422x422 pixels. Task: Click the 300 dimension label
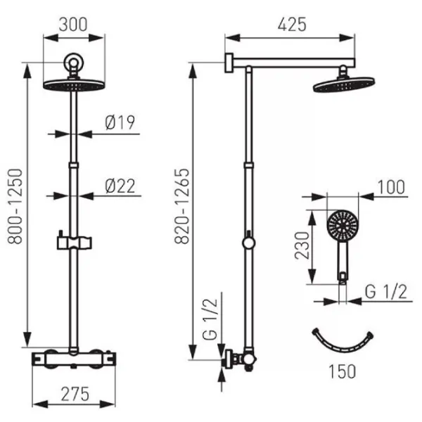tap(73, 25)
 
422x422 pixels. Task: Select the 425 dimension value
tap(292, 25)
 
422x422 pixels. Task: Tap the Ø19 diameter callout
tap(120, 122)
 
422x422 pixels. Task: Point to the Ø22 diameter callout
tap(120, 186)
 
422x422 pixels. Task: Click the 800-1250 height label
tap(15, 206)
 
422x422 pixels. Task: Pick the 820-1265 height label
tap(182, 206)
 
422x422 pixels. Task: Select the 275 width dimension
tap(75, 394)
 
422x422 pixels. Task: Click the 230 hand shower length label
tap(302, 245)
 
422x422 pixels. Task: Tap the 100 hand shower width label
tap(391, 187)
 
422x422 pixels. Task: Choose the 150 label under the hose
tap(343, 371)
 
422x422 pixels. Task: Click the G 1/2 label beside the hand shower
tap(385, 291)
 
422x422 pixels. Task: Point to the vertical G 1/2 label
tap(210, 319)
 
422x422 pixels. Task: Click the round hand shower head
tap(343, 224)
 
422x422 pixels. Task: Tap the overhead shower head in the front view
tap(74, 84)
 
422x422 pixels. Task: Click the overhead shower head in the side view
tap(344, 84)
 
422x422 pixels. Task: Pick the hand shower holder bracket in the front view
tap(74, 242)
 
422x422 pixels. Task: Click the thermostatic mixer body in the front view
tap(74, 359)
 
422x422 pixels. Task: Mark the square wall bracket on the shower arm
tap(229, 63)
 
